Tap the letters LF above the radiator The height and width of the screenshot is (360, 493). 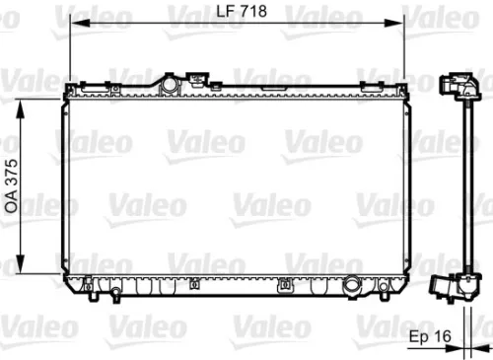pyautogui.click(x=225, y=12)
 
